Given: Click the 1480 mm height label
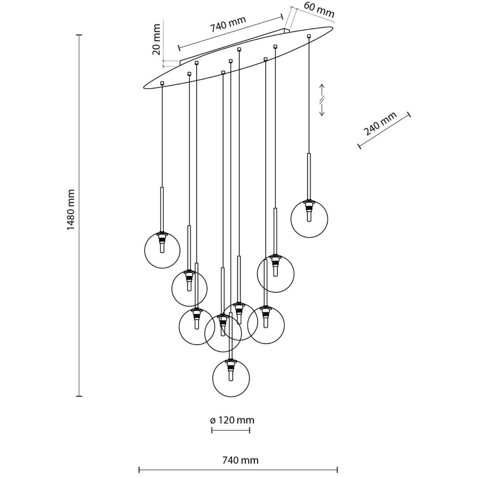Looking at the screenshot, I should coord(70,210).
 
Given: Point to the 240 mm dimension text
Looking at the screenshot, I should coord(380,124).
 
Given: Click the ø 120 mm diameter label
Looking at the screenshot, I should coord(232,420).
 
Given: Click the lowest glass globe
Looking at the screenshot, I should coord(231,378).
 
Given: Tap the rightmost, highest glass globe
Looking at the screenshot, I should coord(309,219).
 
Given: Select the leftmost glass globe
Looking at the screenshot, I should coord(162,250).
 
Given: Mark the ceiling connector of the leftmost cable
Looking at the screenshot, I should coord(162,83).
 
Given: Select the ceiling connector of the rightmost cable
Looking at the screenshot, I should coord(309,37).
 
